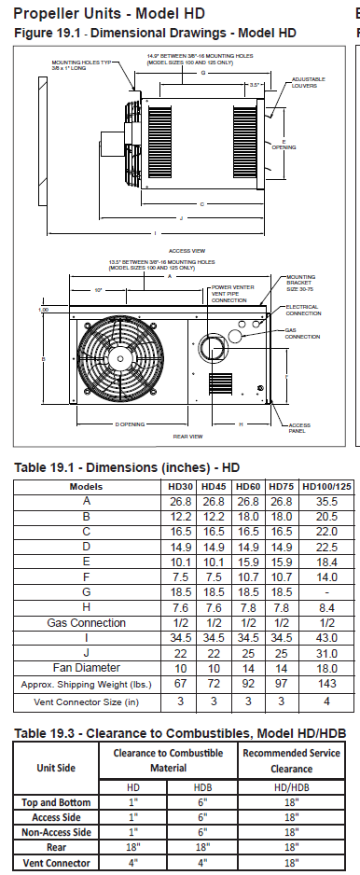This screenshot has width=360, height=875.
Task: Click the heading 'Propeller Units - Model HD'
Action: [x=110, y=13]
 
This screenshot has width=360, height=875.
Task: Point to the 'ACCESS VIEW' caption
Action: [x=180, y=251]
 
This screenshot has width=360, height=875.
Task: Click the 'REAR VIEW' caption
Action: [x=188, y=437]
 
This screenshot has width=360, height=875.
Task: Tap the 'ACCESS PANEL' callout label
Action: [x=300, y=428]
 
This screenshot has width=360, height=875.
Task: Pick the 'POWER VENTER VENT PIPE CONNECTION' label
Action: [x=232, y=293]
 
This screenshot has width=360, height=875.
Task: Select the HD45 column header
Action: [x=215, y=486]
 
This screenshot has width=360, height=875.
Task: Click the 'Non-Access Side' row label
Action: [x=57, y=832]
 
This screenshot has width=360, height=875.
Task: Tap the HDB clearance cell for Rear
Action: [x=202, y=848]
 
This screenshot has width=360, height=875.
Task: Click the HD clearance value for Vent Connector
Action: [x=134, y=863]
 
